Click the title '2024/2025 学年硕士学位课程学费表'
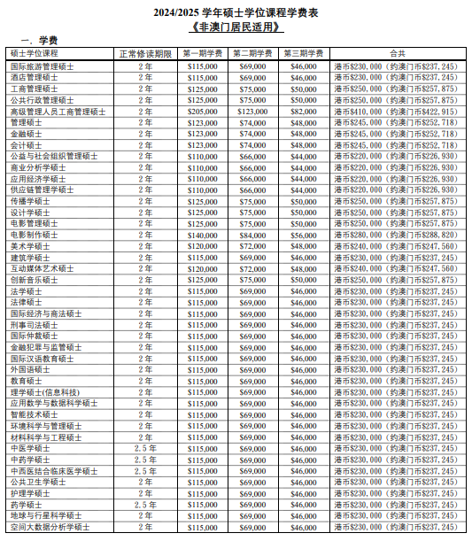click(x=236, y=11)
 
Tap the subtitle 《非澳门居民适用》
click(x=236, y=26)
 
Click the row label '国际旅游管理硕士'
click(x=42, y=66)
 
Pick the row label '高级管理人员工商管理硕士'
click(x=57, y=112)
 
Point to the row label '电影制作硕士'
click(x=35, y=236)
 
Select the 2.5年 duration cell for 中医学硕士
click(x=145, y=448)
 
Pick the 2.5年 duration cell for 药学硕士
click(x=145, y=505)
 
